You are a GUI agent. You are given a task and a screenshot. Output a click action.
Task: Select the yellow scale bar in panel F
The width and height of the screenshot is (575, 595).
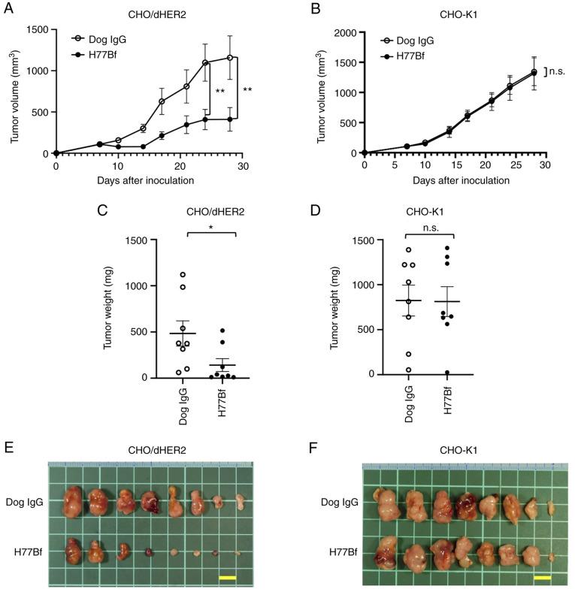(542, 578)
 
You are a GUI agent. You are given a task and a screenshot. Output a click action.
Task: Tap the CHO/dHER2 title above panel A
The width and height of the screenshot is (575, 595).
(147, 13)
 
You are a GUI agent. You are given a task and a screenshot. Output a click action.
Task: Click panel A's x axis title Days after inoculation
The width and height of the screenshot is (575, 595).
(147, 181)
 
